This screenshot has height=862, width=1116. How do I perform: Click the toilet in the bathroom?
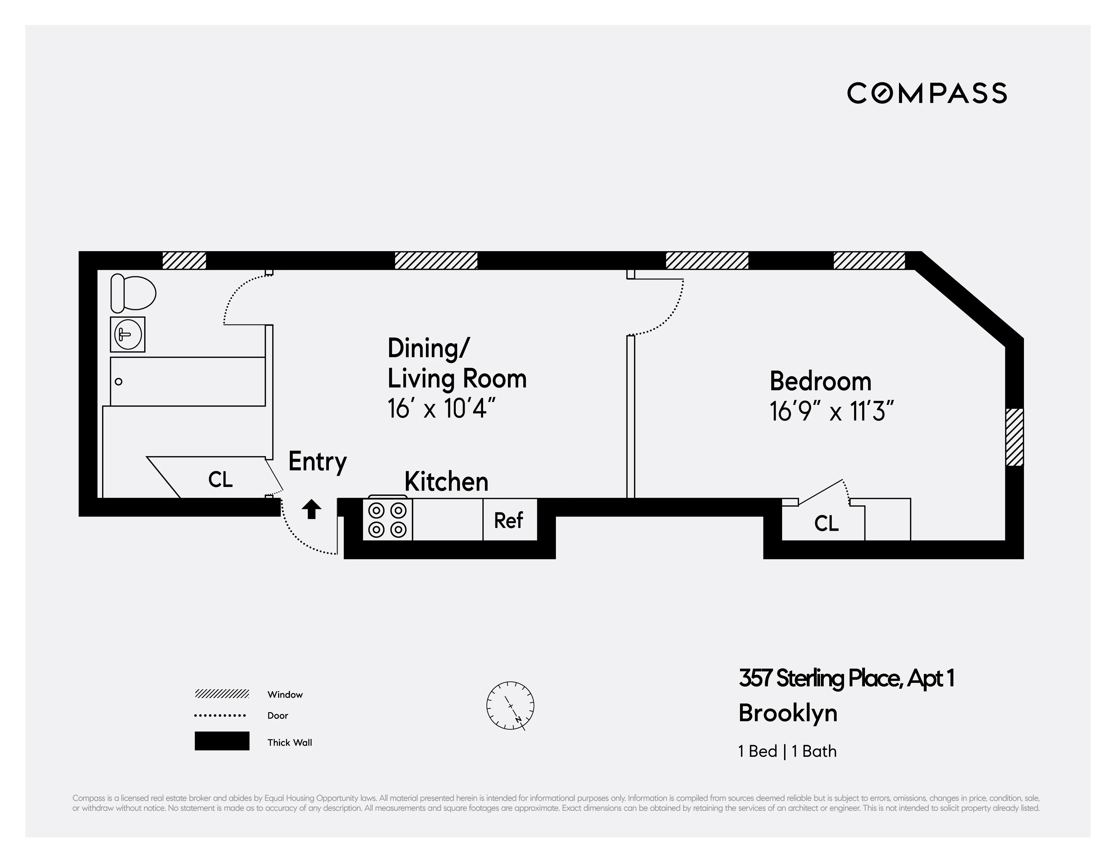coord(133,293)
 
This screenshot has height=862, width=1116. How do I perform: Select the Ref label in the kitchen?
coord(508,521)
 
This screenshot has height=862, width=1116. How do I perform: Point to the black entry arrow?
coord(311,509)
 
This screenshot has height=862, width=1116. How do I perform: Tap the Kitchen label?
coord(446,482)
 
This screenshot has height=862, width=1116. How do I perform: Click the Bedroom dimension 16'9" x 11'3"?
coord(831,411)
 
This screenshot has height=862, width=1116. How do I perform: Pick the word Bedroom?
coord(820,381)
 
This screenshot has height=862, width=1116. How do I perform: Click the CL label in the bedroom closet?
coord(826,523)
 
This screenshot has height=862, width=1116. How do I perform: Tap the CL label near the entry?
coord(220,479)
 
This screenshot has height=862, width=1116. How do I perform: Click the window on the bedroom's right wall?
coord(1014,437)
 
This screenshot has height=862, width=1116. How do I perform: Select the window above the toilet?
coord(184,261)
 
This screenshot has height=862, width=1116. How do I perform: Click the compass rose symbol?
coord(510,705)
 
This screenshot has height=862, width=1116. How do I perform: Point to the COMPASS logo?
coord(926,93)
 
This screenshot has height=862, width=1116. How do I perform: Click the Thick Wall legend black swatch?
coord(222,741)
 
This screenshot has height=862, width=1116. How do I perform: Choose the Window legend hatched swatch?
coord(222,694)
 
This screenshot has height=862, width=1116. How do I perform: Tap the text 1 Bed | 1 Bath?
coord(787,751)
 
